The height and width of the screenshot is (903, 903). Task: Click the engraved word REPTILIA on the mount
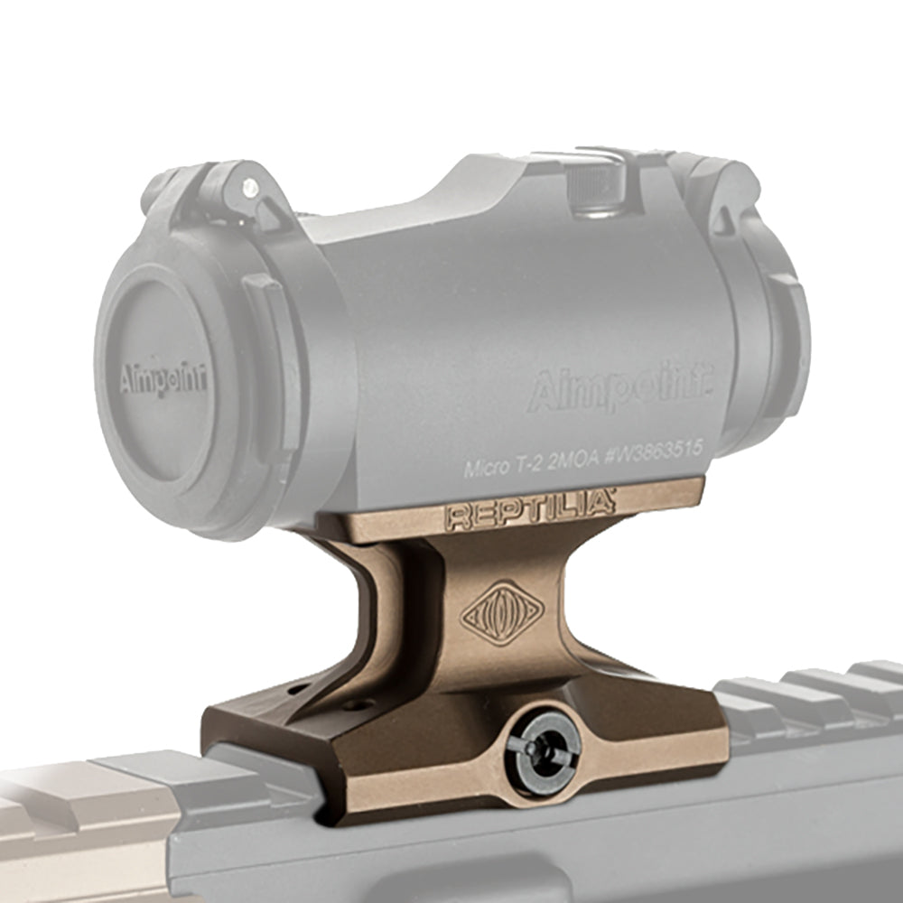click(529, 511)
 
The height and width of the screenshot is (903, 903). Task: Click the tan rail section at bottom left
click(81, 813)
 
